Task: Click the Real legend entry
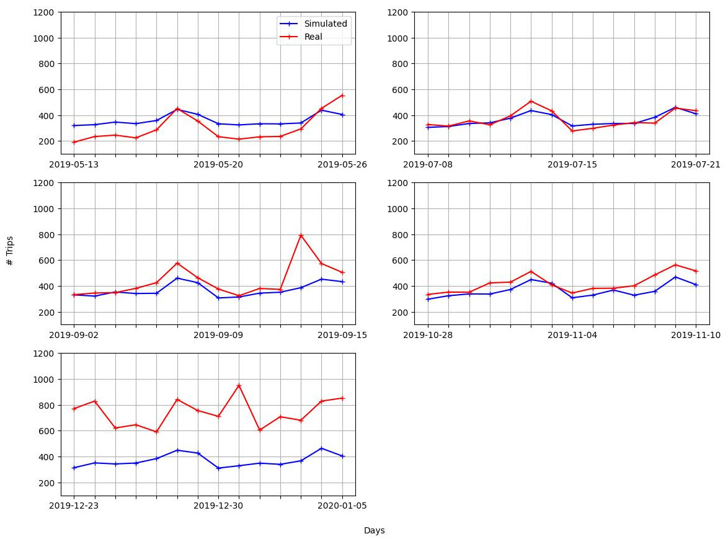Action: click(313, 37)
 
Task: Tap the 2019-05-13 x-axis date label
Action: click(74, 164)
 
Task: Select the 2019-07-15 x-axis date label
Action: click(572, 164)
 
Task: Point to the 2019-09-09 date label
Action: click(218, 335)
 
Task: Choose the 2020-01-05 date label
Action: click(342, 506)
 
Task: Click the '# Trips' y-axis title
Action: click(10, 251)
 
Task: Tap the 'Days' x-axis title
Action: click(374, 531)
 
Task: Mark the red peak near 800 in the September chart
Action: click(301, 235)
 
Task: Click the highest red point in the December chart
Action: click(239, 386)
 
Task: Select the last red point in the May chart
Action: click(342, 96)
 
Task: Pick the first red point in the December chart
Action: click(74, 409)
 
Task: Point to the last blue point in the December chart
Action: click(342, 456)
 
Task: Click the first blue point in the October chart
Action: click(428, 299)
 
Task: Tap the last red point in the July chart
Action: click(696, 110)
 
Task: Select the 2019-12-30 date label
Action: click(218, 506)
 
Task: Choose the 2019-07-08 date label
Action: click(428, 164)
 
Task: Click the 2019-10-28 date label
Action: click(428, 335)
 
